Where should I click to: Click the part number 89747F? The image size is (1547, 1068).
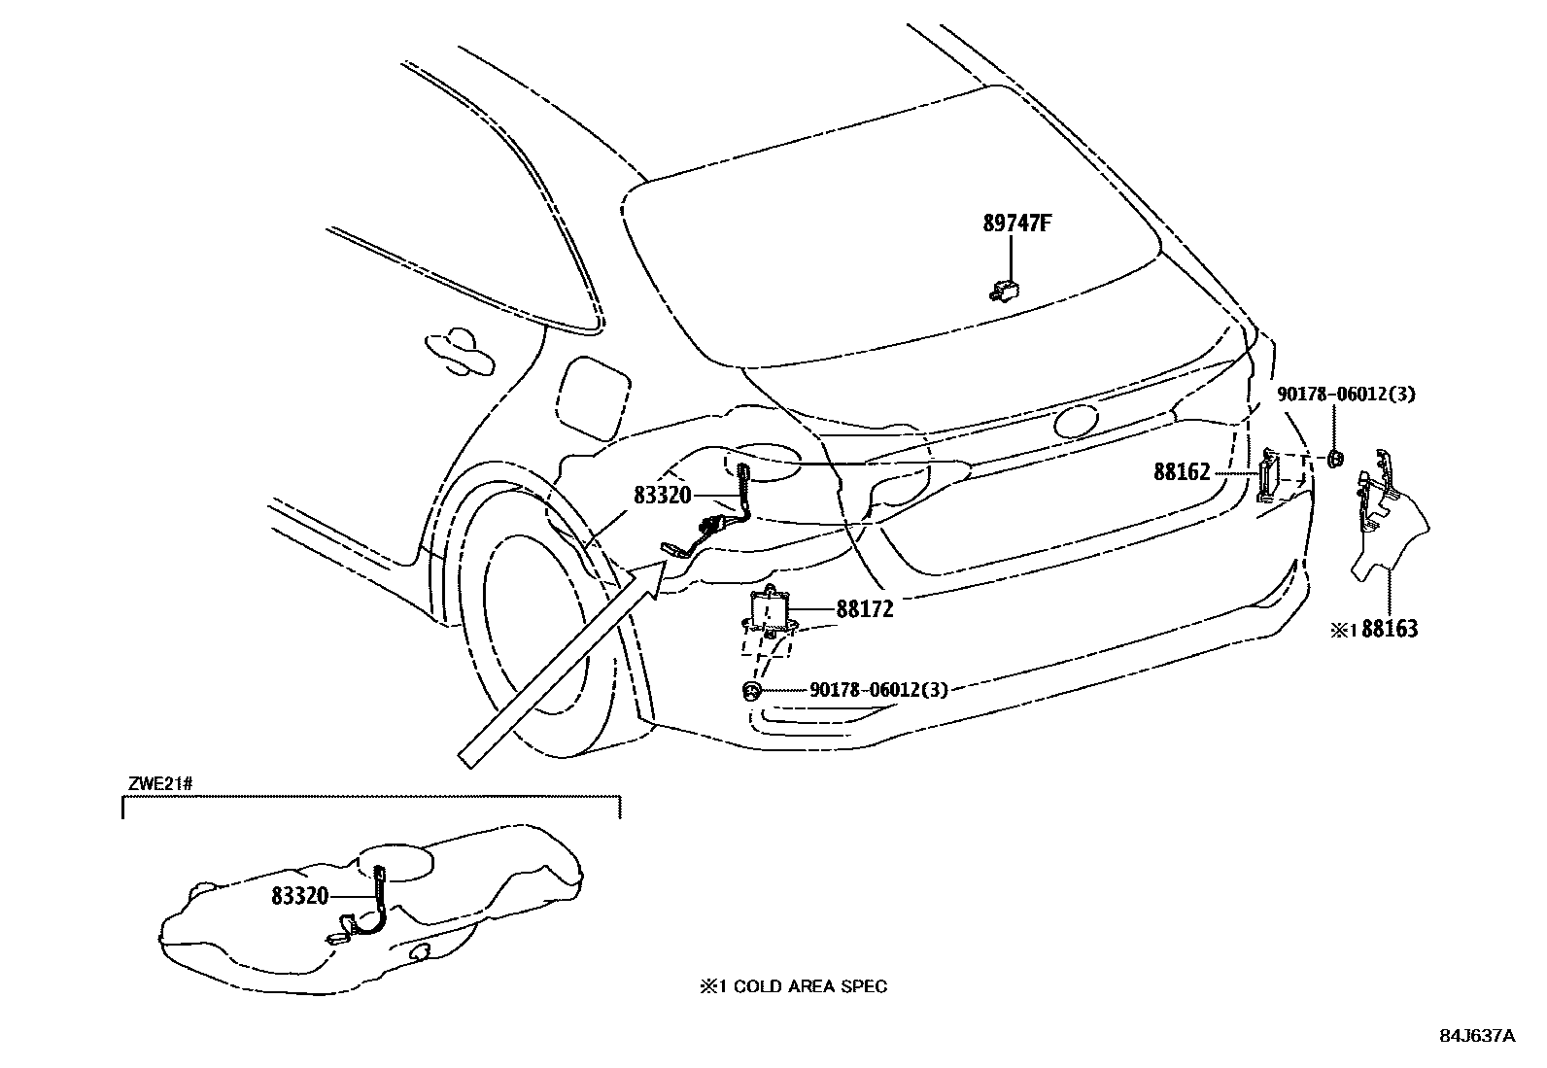[x=1017, y=224]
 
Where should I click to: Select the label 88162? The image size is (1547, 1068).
[x=1183, y=472]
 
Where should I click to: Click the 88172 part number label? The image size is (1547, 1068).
[x=865, y=609]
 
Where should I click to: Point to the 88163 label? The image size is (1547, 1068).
[x=1390, y=629]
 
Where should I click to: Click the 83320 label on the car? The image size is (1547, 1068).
[x=663, y=496]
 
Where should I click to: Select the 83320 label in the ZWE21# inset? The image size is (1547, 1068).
[x=299, y=897]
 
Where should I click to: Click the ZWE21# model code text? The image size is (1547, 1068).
[x=160, y=784]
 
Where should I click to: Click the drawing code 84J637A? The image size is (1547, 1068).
[x=1477, y=1036]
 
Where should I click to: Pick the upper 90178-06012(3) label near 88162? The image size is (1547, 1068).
[x=1346, y=395]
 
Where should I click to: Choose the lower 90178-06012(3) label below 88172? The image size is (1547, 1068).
[x=878, y=689]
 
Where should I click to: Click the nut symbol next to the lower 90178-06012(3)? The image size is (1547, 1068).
[x=752, y=689]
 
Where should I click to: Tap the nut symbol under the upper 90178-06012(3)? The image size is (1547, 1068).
[x=1336, y=458]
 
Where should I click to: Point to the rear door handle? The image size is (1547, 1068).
[x=460, y=353]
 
